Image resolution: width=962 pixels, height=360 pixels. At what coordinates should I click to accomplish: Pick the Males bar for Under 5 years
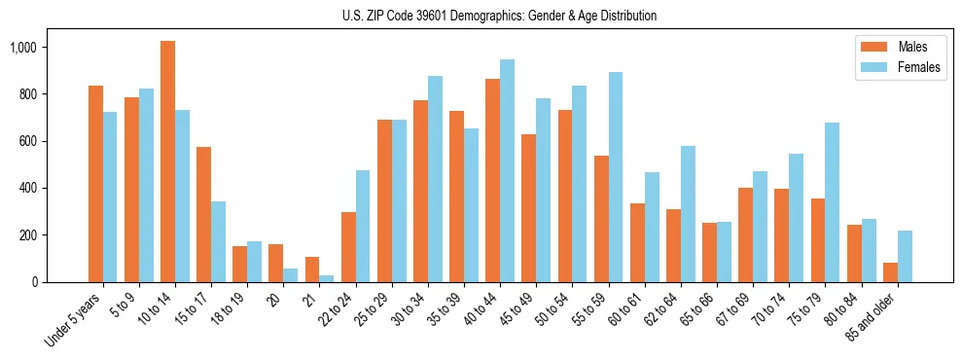[x=95, y=184]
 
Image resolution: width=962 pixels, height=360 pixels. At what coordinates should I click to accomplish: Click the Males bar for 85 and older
[x=890, y=272]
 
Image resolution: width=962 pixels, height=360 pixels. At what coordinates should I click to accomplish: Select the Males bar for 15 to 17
[x=203, y=214]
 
